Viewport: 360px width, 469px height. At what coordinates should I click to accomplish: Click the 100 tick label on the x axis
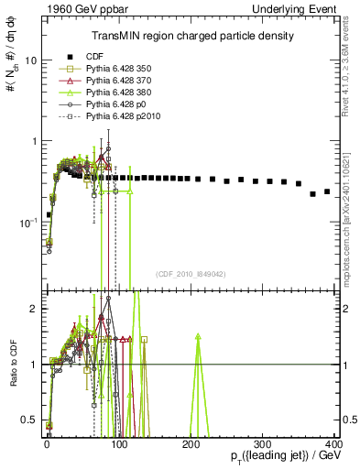(x=117, y=444)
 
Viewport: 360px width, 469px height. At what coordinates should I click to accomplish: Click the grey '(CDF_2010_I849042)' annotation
(x=190, y=272)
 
